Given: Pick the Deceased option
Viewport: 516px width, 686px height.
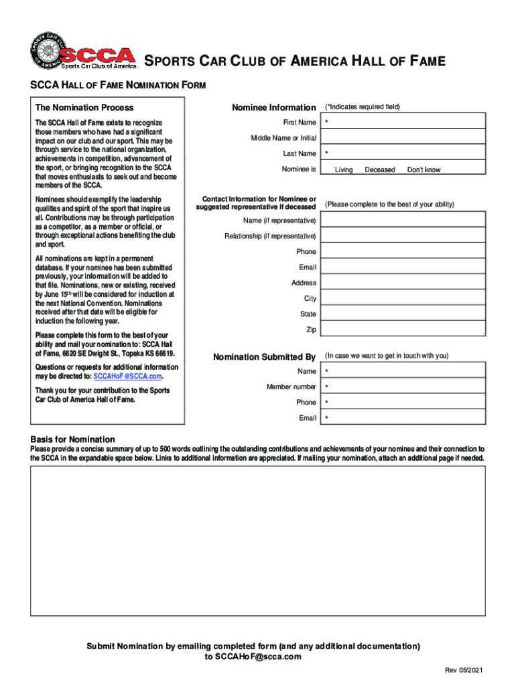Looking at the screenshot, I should [380, 170].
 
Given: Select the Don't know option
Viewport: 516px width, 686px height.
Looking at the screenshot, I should [424, 170].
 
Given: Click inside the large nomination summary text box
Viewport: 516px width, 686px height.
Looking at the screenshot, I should [258, 540].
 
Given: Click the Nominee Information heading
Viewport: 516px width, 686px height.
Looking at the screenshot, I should [273, 107].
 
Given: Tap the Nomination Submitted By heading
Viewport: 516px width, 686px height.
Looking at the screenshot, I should [264, 357].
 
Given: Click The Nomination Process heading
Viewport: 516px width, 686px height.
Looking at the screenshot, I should [84, 107].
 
